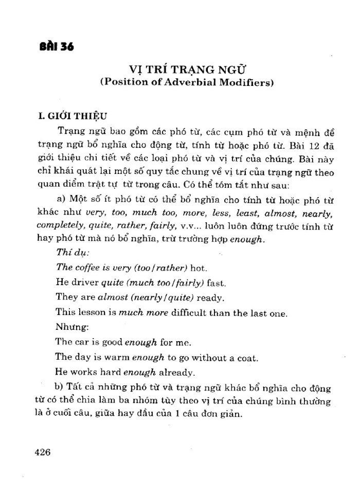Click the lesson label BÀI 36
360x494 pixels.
[x=57, y=47]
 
